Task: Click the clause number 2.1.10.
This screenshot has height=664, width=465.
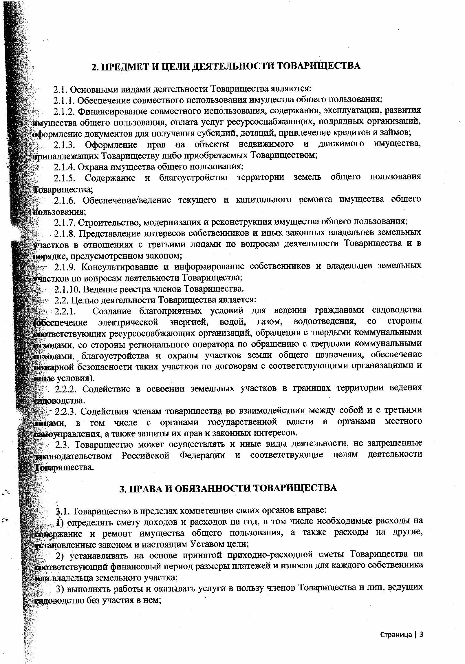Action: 67,289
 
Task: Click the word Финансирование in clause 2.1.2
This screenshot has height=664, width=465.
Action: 113,111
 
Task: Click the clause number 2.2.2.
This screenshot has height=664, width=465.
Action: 66,388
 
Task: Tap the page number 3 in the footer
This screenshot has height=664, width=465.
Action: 421,635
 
